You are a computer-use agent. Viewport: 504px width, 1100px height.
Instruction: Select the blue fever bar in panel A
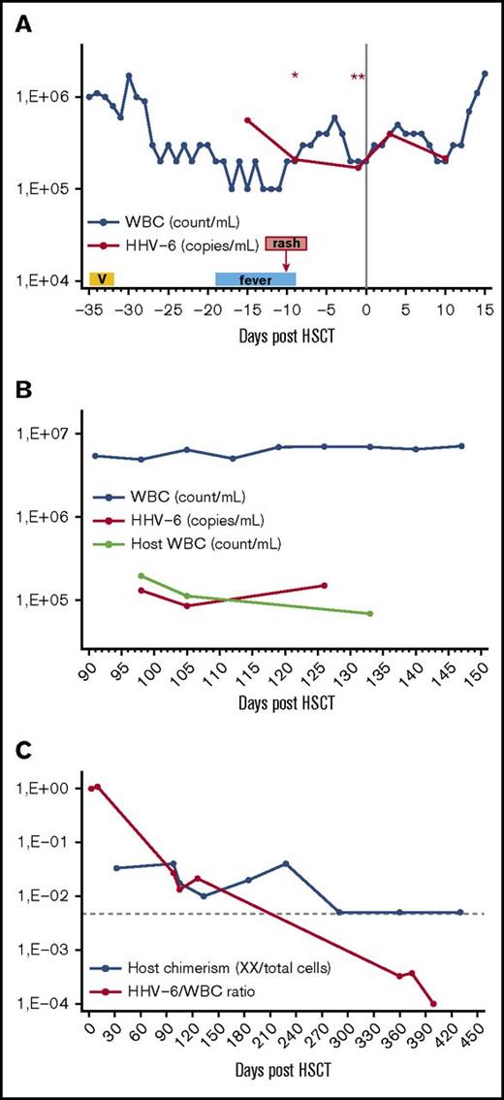coord(256,279)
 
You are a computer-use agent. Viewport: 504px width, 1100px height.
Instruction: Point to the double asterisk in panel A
coord(358,78)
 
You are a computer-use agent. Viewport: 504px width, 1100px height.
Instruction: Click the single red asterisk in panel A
coord(295,76)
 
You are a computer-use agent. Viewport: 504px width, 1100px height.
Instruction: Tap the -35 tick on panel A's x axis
coord(89,310)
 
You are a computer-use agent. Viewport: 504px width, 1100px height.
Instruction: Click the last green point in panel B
coord(370,613)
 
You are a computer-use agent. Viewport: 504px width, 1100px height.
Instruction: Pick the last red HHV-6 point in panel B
coord(324,585)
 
